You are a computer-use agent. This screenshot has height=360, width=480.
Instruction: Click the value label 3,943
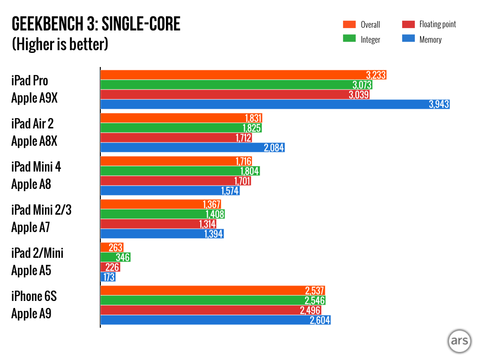(x=439, y=105)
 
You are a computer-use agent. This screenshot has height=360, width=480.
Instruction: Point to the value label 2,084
(x=274, y=148)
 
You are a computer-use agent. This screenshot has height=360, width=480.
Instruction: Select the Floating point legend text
(x=437, y=24)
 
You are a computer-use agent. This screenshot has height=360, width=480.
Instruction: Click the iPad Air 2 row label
(x=32, y=124)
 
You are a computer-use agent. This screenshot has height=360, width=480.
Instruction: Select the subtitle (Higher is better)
(x=60, y=45)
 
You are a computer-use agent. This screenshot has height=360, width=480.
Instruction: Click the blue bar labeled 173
(x=108, y=277)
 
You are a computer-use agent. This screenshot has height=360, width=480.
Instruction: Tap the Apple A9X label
(x=35, y=98)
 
